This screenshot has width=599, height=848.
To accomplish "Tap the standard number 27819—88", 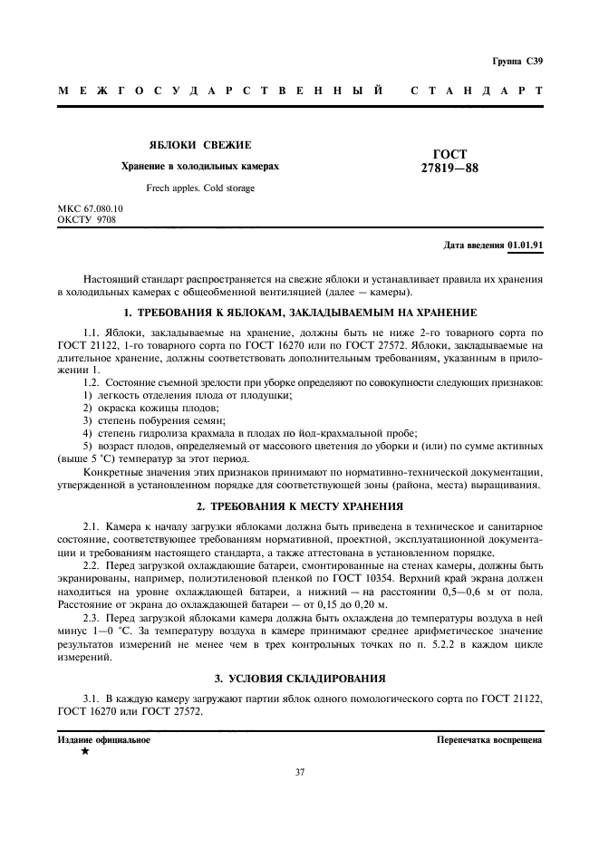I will coord(450,168).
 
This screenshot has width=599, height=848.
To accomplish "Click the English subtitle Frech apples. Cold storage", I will coord(199,188).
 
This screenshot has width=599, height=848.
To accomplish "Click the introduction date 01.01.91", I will coord(526,246).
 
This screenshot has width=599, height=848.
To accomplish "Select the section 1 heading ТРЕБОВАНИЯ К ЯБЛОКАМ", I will coord(300,313).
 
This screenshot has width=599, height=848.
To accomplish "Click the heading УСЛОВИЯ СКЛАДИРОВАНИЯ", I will coord(300,678).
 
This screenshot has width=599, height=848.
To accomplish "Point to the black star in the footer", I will coord(85,752).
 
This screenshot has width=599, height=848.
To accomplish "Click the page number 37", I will coord(299,772).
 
